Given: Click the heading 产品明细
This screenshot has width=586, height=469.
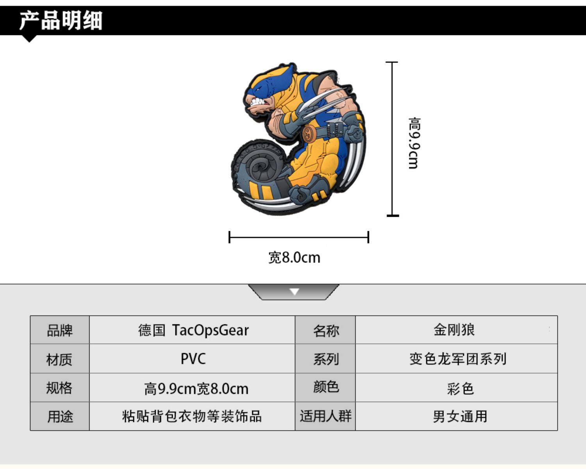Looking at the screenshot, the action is (61, 20).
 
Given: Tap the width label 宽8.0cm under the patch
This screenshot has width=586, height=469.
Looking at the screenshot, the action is (294, 258).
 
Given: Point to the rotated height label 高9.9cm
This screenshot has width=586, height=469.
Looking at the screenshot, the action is (414, 143).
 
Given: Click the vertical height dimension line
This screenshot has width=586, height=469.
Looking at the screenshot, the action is (392, 139).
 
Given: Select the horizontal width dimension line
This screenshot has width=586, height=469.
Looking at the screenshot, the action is (299, 237).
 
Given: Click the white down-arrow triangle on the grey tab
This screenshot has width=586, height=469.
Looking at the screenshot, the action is (295, 291).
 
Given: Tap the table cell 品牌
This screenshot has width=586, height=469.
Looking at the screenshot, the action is (60, 330).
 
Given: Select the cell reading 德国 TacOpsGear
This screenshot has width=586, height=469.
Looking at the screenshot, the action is (193, 330).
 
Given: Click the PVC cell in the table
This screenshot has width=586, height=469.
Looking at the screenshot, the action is (193, 359).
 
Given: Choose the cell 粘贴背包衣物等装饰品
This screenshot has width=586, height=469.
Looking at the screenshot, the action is (192, 416).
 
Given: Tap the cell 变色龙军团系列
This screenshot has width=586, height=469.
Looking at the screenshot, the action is (458, 359).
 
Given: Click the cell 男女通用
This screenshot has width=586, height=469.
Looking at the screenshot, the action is (460, 416).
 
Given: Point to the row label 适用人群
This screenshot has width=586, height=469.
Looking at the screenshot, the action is (326, 416).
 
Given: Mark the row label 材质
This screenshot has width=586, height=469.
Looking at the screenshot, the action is (59, 359).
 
